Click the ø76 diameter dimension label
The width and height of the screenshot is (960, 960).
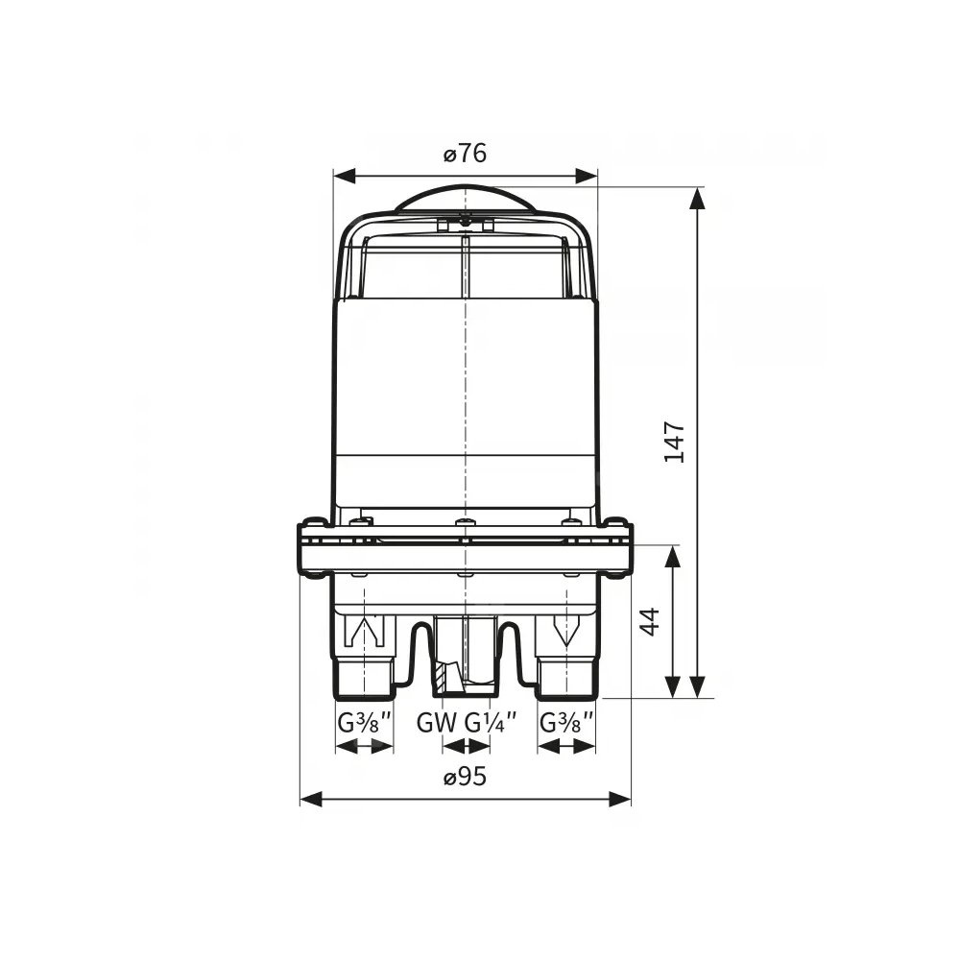[466, 153]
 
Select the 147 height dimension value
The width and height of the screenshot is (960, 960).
[675, 442]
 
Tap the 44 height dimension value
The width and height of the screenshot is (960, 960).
[650, 621]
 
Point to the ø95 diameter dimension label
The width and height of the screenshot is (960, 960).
[466, 777]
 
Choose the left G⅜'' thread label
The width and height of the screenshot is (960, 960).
[364, 723]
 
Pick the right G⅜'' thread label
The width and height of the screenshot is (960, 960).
[567, 723]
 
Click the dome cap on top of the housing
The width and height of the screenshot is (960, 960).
[466, 199]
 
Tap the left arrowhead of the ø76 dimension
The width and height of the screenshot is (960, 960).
[344, 177]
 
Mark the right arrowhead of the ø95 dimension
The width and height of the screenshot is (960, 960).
[619, 799]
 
